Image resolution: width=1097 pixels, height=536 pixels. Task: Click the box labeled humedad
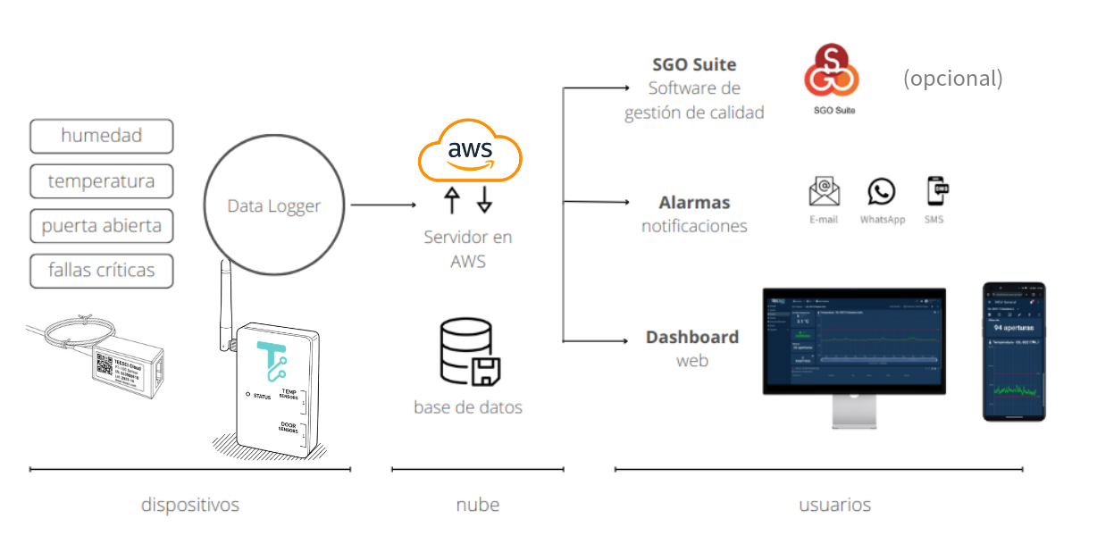point(101,136)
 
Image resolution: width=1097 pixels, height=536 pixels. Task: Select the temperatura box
point(101,181)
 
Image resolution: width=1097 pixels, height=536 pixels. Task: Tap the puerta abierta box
point(101,226)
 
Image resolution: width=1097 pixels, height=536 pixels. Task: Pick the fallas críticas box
point(101,271)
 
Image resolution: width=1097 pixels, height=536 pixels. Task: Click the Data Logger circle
point(273,206)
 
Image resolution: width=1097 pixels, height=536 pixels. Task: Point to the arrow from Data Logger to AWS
point(383,205)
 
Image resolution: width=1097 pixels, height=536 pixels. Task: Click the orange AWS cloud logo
point(470,151)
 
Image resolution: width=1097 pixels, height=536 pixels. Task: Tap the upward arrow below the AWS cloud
point(452,200)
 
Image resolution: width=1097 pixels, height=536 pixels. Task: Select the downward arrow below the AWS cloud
point(484,200)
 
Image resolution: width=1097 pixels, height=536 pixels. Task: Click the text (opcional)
point(952,78)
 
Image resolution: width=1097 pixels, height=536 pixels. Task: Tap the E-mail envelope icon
point(824,191)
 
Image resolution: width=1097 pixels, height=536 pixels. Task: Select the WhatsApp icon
point(882,191)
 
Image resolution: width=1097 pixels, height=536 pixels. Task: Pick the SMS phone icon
point(935,191)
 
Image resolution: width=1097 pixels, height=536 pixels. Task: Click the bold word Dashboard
point(692,338)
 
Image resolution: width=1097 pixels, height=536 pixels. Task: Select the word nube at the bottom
point(477,505)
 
